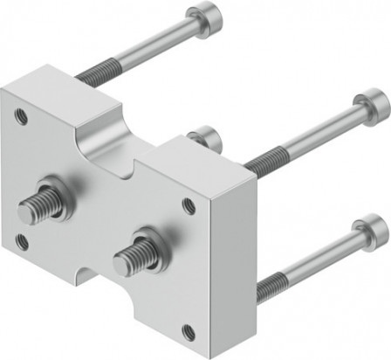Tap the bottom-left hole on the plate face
pos(23,242)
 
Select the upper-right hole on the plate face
pos(189,206)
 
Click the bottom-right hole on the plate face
pos(187,331)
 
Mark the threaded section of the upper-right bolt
pos(262,158)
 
